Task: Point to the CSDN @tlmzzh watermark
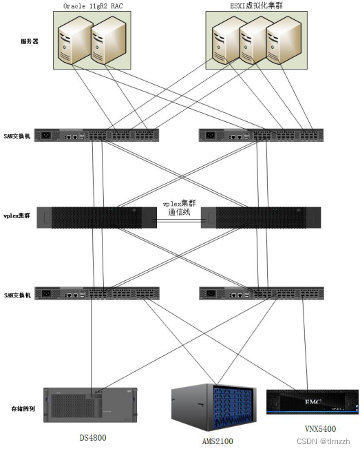[x=323, y=441]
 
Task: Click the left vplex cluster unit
[x=96, y=217]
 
